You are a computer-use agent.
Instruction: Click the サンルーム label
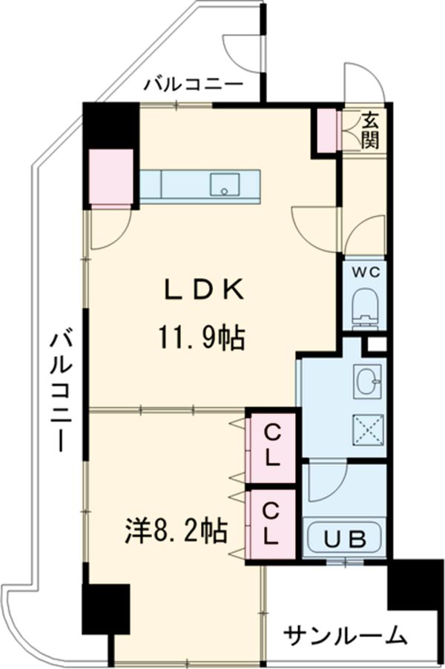click(346, 636)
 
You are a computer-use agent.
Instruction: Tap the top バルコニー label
click(193, 84)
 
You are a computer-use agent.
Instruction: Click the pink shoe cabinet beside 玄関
click(326, 130)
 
